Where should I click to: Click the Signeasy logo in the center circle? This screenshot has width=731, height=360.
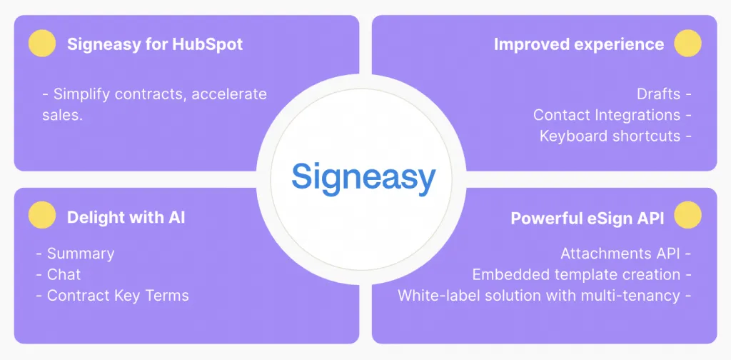(x=363, y=176)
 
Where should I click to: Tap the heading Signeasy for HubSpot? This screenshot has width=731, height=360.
(x=155, y=44)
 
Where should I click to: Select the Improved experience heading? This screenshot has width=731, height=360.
(x=578, y=44)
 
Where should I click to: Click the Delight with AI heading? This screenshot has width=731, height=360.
(x=126, y=217)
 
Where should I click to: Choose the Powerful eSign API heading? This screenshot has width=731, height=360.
(x=587, y=218)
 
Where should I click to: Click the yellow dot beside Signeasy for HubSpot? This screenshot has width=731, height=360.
(x=42, y=44)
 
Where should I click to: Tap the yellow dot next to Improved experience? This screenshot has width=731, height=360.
(x=688, y=44)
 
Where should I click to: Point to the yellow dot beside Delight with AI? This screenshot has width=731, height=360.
(x=42, y=216)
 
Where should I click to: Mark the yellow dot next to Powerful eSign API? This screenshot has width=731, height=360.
(x=688, y=216)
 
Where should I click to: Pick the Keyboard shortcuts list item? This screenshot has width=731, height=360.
(x=610, y=136)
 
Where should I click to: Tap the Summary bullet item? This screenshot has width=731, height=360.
(x=80, y=254)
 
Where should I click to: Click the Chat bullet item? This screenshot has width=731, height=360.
(x=64, y=274)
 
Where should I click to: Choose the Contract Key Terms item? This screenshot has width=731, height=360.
(x=118, y=295)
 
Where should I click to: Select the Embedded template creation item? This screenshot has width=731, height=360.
(x=576, y=274)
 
